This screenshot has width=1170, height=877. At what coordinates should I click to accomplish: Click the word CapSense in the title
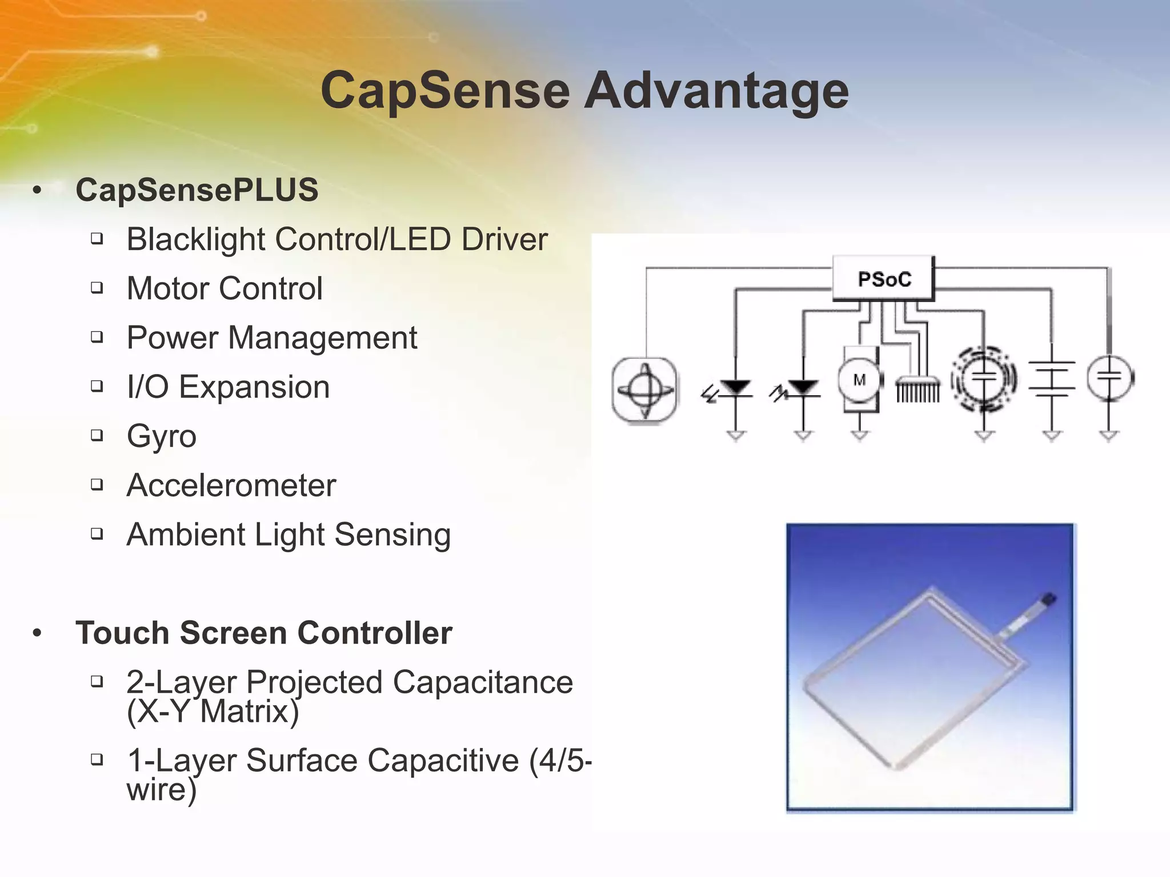(x=445, y=91)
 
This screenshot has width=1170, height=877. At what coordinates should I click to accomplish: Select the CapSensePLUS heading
(x=197, y=190)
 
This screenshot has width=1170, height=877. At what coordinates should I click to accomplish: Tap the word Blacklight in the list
(x=195, y=239)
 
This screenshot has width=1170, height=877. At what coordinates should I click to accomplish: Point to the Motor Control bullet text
(x=225, y=288)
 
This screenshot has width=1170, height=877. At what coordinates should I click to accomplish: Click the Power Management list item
(x=272, y=337)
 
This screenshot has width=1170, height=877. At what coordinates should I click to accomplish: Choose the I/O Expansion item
(x=228, y=387)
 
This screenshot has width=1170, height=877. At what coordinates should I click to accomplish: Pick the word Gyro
(x=162, y=437)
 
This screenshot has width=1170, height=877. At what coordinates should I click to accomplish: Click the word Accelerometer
(x=231, y=486)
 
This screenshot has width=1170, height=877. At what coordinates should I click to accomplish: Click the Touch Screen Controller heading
(x=264, y=633)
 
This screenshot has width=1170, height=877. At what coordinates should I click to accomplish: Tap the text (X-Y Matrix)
(x=213, y=711)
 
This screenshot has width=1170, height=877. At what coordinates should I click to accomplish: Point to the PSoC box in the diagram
(x=884, y=279)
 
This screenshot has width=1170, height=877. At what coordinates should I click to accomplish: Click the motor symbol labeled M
(x=859, y=380)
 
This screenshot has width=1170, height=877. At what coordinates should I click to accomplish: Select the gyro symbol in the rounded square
(x=644, y=390)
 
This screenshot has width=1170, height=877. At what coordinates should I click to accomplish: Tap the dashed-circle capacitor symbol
(x=984, y=378)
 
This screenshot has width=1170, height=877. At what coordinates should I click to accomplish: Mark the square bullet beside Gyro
(x=97, y=435)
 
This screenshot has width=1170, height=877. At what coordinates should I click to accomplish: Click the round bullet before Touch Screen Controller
(x=38, y=633)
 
